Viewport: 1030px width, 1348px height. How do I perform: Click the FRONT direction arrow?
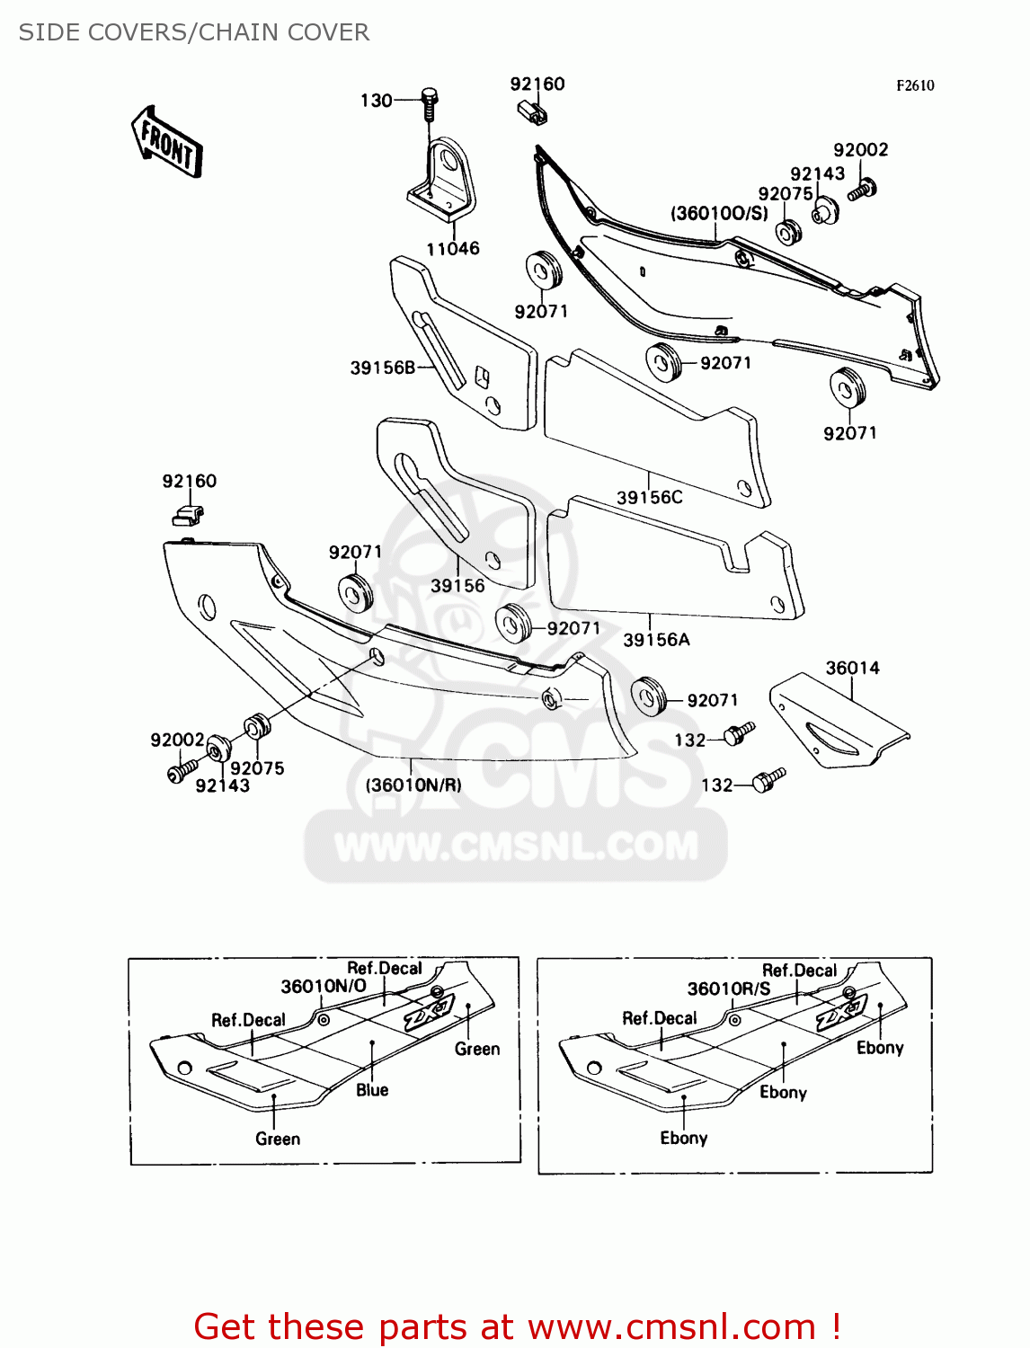[x=167, y=142]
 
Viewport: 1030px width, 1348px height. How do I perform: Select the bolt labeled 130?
[x=429, y=102]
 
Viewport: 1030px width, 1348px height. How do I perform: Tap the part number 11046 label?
[x=453, y=249]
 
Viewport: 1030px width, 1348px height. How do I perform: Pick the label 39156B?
[x=382, y=368]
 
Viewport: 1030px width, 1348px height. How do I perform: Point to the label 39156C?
[x=649, y=497]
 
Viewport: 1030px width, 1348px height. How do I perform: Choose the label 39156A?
[x=656, y=640]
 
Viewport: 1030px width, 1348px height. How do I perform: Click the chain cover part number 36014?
[x=852, y=668]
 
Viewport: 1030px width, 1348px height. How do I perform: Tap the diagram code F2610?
[x=915, y=85]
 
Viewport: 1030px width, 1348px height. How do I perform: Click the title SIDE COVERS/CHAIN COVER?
[x=194, y=32]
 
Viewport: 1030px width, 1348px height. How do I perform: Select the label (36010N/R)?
[x=413, y=785]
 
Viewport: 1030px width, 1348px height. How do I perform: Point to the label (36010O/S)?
[x=719, y=213]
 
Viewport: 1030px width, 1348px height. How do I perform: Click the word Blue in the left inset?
[x=372, y=1090]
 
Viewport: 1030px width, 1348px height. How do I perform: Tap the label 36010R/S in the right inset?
[x=729, y=989]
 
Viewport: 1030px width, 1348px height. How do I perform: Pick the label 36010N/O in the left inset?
[x=324, y=986]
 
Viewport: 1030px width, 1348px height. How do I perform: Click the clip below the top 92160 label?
[x=533, y=112]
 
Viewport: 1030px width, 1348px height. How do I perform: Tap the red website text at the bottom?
[x=517, y=1326]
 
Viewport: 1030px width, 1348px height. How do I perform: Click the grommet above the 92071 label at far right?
[x=848, y=386]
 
